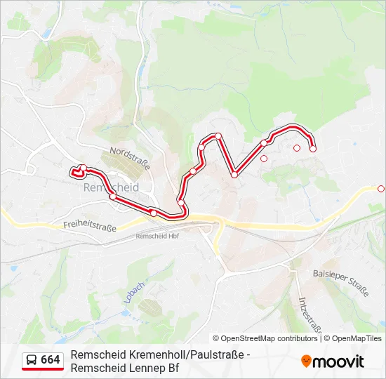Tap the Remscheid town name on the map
(x=111, y=188)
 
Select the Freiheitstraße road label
(x=89, y=226)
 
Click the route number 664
(x=50, y=360)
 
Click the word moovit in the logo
(x=338, y=361)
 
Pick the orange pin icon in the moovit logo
(x=306, y=361)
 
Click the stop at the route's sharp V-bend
(x=234, y=175)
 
